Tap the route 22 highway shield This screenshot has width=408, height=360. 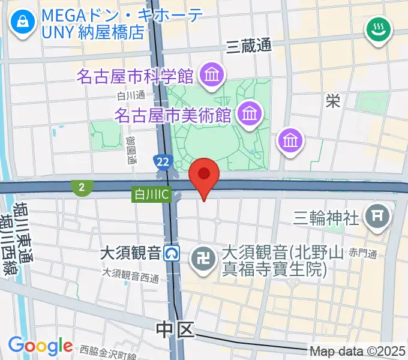[161, 161]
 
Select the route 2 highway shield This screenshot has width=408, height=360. [80, 188]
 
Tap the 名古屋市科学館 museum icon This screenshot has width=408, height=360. [212, 76]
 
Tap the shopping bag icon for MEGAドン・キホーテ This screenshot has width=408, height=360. [23, 23]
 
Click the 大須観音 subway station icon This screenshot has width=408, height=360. [173, 253]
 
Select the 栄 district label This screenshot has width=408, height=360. [332, 100]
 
